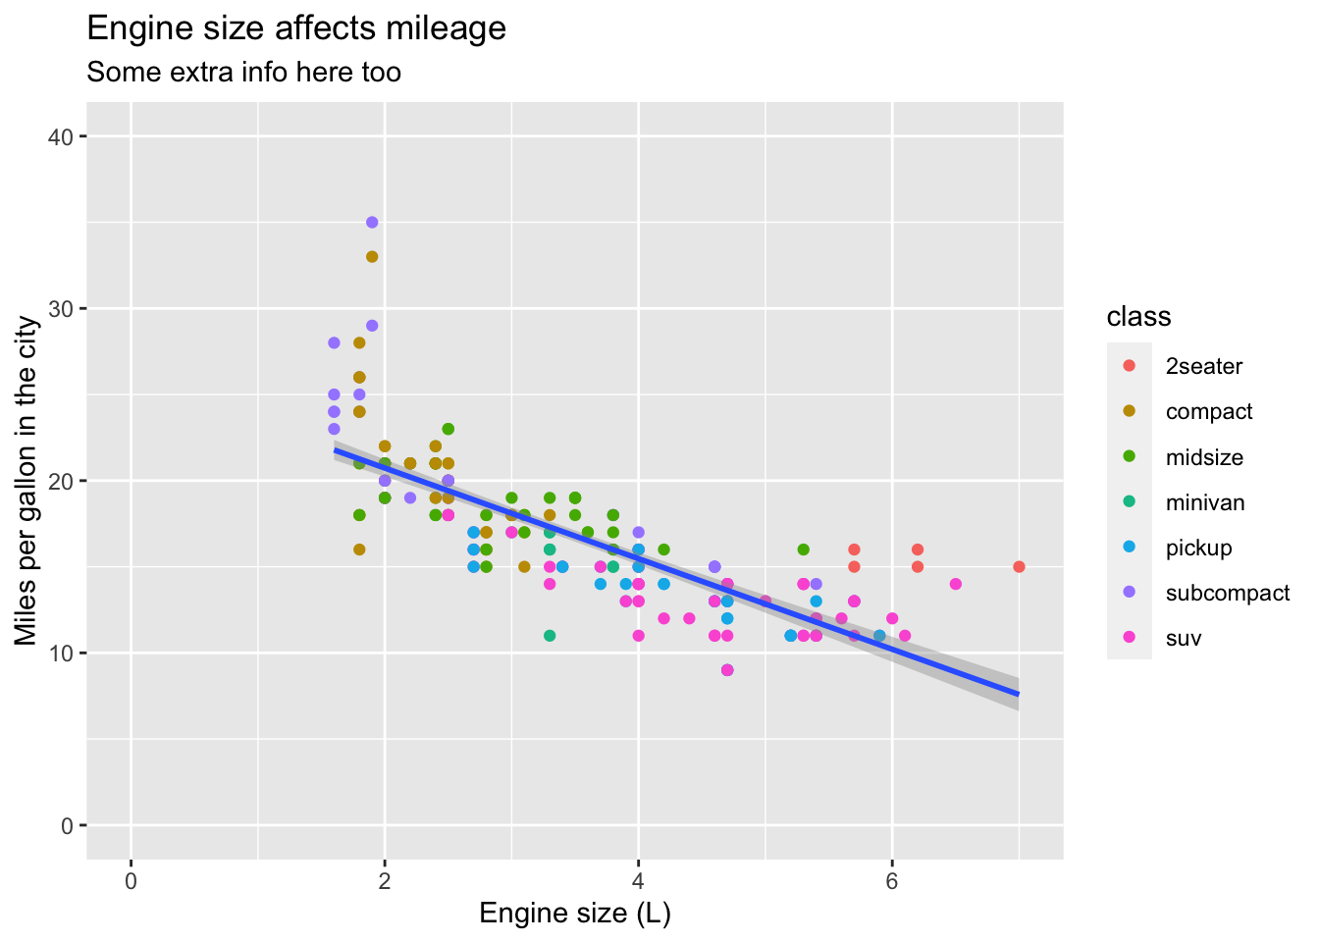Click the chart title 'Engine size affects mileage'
[296, 28]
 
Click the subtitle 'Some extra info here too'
[243, 73]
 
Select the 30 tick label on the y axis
[61, 309]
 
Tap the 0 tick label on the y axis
[67, 826]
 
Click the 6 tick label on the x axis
[891, 880]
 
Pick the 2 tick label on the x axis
[384, 880]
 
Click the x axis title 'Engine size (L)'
[575, 915]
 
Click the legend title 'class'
[1138, 317]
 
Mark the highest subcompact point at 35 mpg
[372, 223]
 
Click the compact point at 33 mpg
[372, 257]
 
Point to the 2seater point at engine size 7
[1019, 567]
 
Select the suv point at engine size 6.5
[955, 584]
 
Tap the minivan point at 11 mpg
[550, 636]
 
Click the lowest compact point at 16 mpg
[359, 549]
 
